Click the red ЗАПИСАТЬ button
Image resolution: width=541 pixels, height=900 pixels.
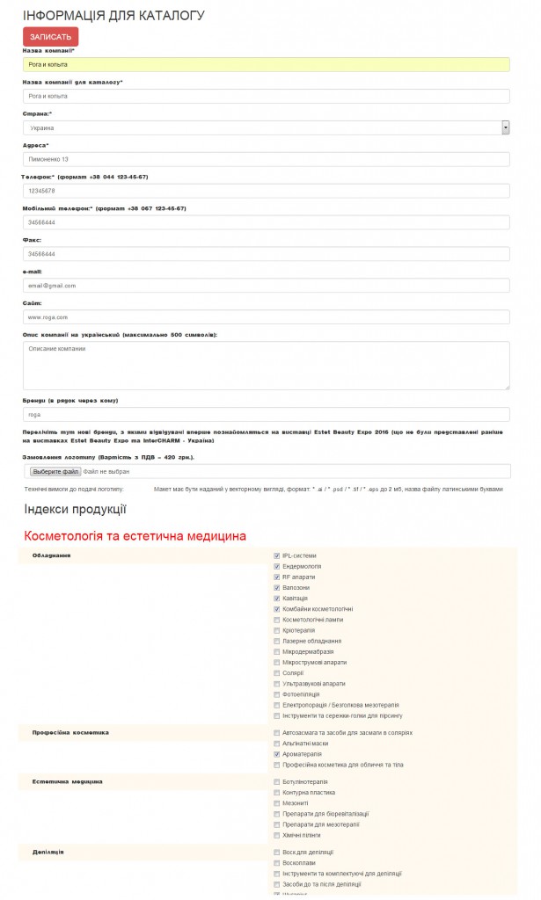point(50,37)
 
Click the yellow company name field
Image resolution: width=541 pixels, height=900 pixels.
point(266,64)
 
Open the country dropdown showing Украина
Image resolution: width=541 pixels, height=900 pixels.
point(266,127)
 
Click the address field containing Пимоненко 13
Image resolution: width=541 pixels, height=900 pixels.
point(266,159)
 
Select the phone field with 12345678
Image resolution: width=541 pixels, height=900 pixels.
point(266,191)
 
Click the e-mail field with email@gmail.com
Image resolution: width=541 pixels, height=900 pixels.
point(266,286)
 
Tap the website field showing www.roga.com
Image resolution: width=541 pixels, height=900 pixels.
point(266,317)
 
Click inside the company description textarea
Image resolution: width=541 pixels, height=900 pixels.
point(266,365)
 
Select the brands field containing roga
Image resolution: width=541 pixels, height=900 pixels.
point(266,414)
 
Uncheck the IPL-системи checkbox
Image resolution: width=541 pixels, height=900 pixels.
point(277,556)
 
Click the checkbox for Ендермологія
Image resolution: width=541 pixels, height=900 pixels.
point(277,567)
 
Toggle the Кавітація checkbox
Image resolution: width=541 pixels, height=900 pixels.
point(277,599)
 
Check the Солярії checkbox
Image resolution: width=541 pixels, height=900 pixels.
point(277,673)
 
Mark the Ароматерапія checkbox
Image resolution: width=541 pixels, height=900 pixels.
point(277,754)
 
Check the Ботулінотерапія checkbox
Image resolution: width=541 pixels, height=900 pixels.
point(277,781)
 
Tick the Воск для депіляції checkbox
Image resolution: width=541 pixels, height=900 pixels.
point(277,853)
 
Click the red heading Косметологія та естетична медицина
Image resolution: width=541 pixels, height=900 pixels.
point(135,535)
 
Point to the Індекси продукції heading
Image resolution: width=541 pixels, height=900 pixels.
point(76,508)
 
